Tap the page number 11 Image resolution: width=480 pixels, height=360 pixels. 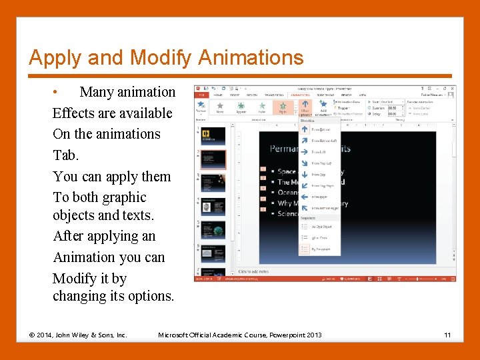pyautogui.click(x=447, y=334)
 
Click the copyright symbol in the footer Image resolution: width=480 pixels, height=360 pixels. pyautogui.click(x=33, y=334)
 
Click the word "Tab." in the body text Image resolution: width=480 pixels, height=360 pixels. pyautogui.click(x=65, y=155)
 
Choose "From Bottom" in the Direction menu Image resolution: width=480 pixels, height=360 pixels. pyautogui.click(x=320, y=129)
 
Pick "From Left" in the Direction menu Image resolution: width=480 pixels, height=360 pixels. pyautogui.click(x=319, y=152)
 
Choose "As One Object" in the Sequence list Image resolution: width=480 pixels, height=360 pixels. pyautogui.click(x=321, y=227)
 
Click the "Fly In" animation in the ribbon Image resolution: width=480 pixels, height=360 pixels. pyautogui.click(x=283, y=107)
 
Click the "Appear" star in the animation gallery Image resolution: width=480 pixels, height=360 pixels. pyautogui.click(x=240, y=107)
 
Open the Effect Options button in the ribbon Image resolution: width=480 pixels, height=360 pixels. pyautogui.click(x=305, y=107)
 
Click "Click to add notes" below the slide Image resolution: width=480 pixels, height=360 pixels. pyautogui.click(x=254, y=272)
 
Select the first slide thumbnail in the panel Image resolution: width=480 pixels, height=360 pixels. pyautogui.click(x=213, y=136)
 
